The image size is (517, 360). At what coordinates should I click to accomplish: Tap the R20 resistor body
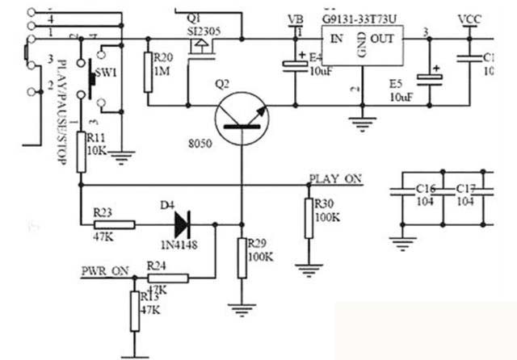click(148, 69)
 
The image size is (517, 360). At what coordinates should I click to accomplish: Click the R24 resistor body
click(169, 278)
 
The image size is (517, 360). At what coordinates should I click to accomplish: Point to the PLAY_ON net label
click(335, 178)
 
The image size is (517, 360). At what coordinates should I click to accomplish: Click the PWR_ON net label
click(104, 270)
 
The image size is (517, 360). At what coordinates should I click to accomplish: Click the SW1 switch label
click(106, 73)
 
